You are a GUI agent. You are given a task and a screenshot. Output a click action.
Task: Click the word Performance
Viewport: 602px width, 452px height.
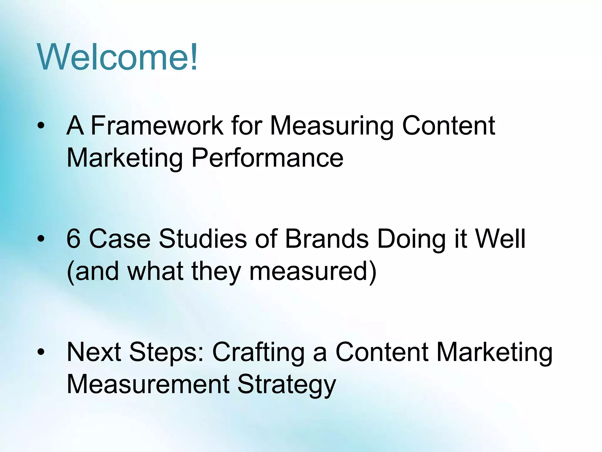[267, 158]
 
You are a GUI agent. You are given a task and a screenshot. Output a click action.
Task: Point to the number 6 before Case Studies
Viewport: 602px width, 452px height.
[73, 239]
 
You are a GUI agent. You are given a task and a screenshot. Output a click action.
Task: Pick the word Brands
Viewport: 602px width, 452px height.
[327, 239]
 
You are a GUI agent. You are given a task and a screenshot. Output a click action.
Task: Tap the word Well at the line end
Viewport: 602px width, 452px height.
[500, 239]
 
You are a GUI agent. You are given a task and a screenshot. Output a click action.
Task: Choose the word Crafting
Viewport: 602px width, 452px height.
[258, 353]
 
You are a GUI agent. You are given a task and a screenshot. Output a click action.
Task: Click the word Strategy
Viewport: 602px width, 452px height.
[287, 385]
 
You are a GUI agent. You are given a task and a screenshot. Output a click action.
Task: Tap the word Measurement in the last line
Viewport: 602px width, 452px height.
[148, 384]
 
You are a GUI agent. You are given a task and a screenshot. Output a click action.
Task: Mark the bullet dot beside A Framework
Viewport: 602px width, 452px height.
[41, 126]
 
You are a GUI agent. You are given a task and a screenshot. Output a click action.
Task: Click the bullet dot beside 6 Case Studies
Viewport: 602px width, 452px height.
[41, 239]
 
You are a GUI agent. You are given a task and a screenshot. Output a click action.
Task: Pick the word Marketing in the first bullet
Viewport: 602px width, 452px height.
[125, 158]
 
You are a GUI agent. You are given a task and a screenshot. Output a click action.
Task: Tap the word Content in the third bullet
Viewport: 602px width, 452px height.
[382, 352]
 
